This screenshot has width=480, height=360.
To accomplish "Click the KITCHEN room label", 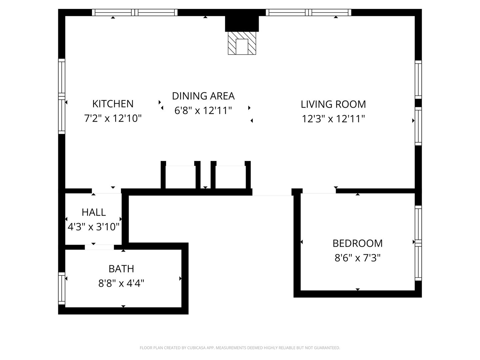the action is point(113,104).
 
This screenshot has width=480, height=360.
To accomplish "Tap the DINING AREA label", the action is point(203,96).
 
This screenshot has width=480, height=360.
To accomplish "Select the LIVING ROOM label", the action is point(333,104).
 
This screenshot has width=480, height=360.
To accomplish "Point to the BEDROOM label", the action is point(358,243).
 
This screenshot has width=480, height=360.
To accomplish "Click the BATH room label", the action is point(121,269).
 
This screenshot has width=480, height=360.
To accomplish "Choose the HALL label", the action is point(94,212).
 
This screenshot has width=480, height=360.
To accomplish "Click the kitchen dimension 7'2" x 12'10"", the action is point(113,118).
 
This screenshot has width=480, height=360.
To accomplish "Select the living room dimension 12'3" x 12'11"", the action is point(333,119).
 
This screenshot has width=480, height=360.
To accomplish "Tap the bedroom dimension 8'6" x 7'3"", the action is point(358,258).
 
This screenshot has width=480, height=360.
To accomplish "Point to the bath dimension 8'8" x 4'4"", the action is point(121,283).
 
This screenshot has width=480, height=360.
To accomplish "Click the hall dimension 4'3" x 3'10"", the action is point(94,227).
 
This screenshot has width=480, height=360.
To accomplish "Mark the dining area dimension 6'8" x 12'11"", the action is point(203,110).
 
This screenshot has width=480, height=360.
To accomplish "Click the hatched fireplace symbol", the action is point(242,43).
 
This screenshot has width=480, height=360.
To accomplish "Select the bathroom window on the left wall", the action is point(62,288).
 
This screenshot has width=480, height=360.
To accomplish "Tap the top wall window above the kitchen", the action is point(135,12).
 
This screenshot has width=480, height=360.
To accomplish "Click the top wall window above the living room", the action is point(309,12).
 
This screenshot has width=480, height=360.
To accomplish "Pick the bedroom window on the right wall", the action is point(418,243).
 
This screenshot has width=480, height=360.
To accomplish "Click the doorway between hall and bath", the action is point(99,247).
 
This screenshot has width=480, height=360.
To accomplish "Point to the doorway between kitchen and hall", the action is point(106,191).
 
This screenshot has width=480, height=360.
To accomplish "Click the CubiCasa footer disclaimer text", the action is point(240,348).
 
